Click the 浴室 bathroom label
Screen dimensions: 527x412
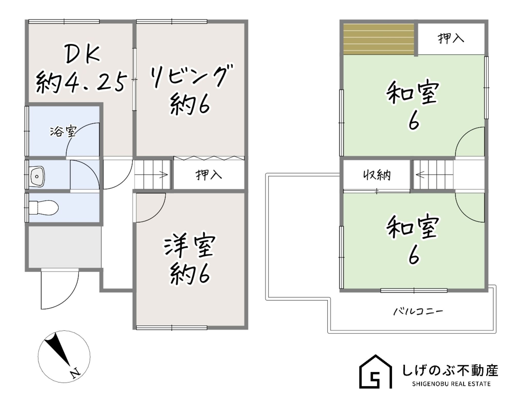(x=63, y=131)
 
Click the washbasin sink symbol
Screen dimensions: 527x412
(x=37, y=176)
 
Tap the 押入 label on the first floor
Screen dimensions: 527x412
(x=209, y=175)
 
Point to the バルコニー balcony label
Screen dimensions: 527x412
(x=418, y=311)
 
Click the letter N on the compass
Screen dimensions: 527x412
(x=76, y=373)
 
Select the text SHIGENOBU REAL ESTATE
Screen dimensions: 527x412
(x=451, y=384)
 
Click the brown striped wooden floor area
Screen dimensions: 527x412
(x=379, y=39)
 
